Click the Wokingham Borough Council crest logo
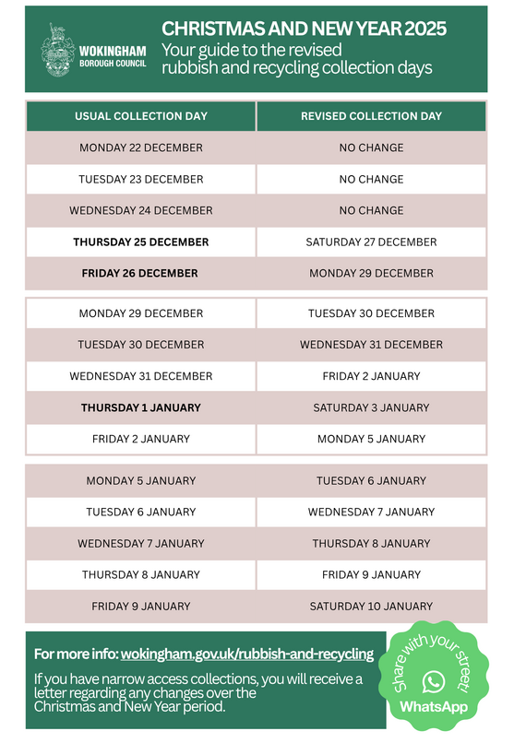[x=56, y=49]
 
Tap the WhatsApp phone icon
[x=433, y=681]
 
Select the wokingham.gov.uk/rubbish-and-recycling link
[x=246, y=654]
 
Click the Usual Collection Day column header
[x=141, y=116]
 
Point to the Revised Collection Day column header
[x=371, y=116]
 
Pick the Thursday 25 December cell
[x=141, y=242]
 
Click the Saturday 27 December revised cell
[x=371, y=242]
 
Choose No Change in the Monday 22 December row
[x=371, y=147]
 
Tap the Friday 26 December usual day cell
[x=141, y=273]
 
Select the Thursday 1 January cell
[x=141, y=407]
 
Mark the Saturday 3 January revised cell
[x=371, y=407]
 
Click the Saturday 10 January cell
[x=371, y=606]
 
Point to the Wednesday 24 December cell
[x=141, y=210]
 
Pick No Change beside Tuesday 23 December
[x=371, y=179]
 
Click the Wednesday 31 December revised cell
[x=371, y=345]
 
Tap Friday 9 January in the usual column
[x=141, y=606]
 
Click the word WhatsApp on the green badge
[x=433, y=707]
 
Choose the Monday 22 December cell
[x=141, y=147]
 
